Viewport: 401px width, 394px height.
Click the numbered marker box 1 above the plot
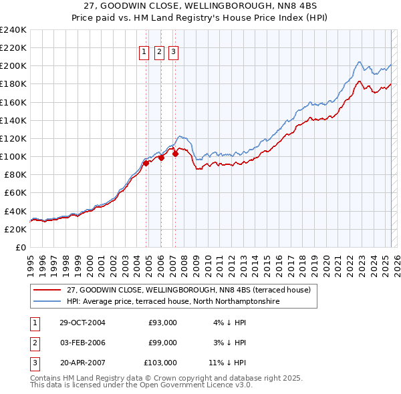pyautogui.click(x=144, y=53)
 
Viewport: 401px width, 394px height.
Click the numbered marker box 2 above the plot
pyautogui.click(x=160, y=53)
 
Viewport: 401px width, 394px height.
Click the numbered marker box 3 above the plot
pyautogui.click(x=174, y=53)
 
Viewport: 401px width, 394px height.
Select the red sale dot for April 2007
pyautogui.click(x=175, y=154)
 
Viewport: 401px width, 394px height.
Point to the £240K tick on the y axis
pyautogui.click(x=13, y=30)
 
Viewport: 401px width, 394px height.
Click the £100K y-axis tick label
pyautogui.click(x=13, y=156)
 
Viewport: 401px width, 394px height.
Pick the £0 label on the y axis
pyautogui.click(x=20, y=247)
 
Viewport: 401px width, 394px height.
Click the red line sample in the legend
pyautogui.click(x=47, y=290)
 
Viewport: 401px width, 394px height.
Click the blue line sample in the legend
pyautogui.click(x=47, y=302)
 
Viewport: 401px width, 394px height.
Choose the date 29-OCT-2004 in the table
pyautogui.click(x=82, y=323)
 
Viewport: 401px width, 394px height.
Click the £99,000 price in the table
pyautogui.click(x=162, y=343)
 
